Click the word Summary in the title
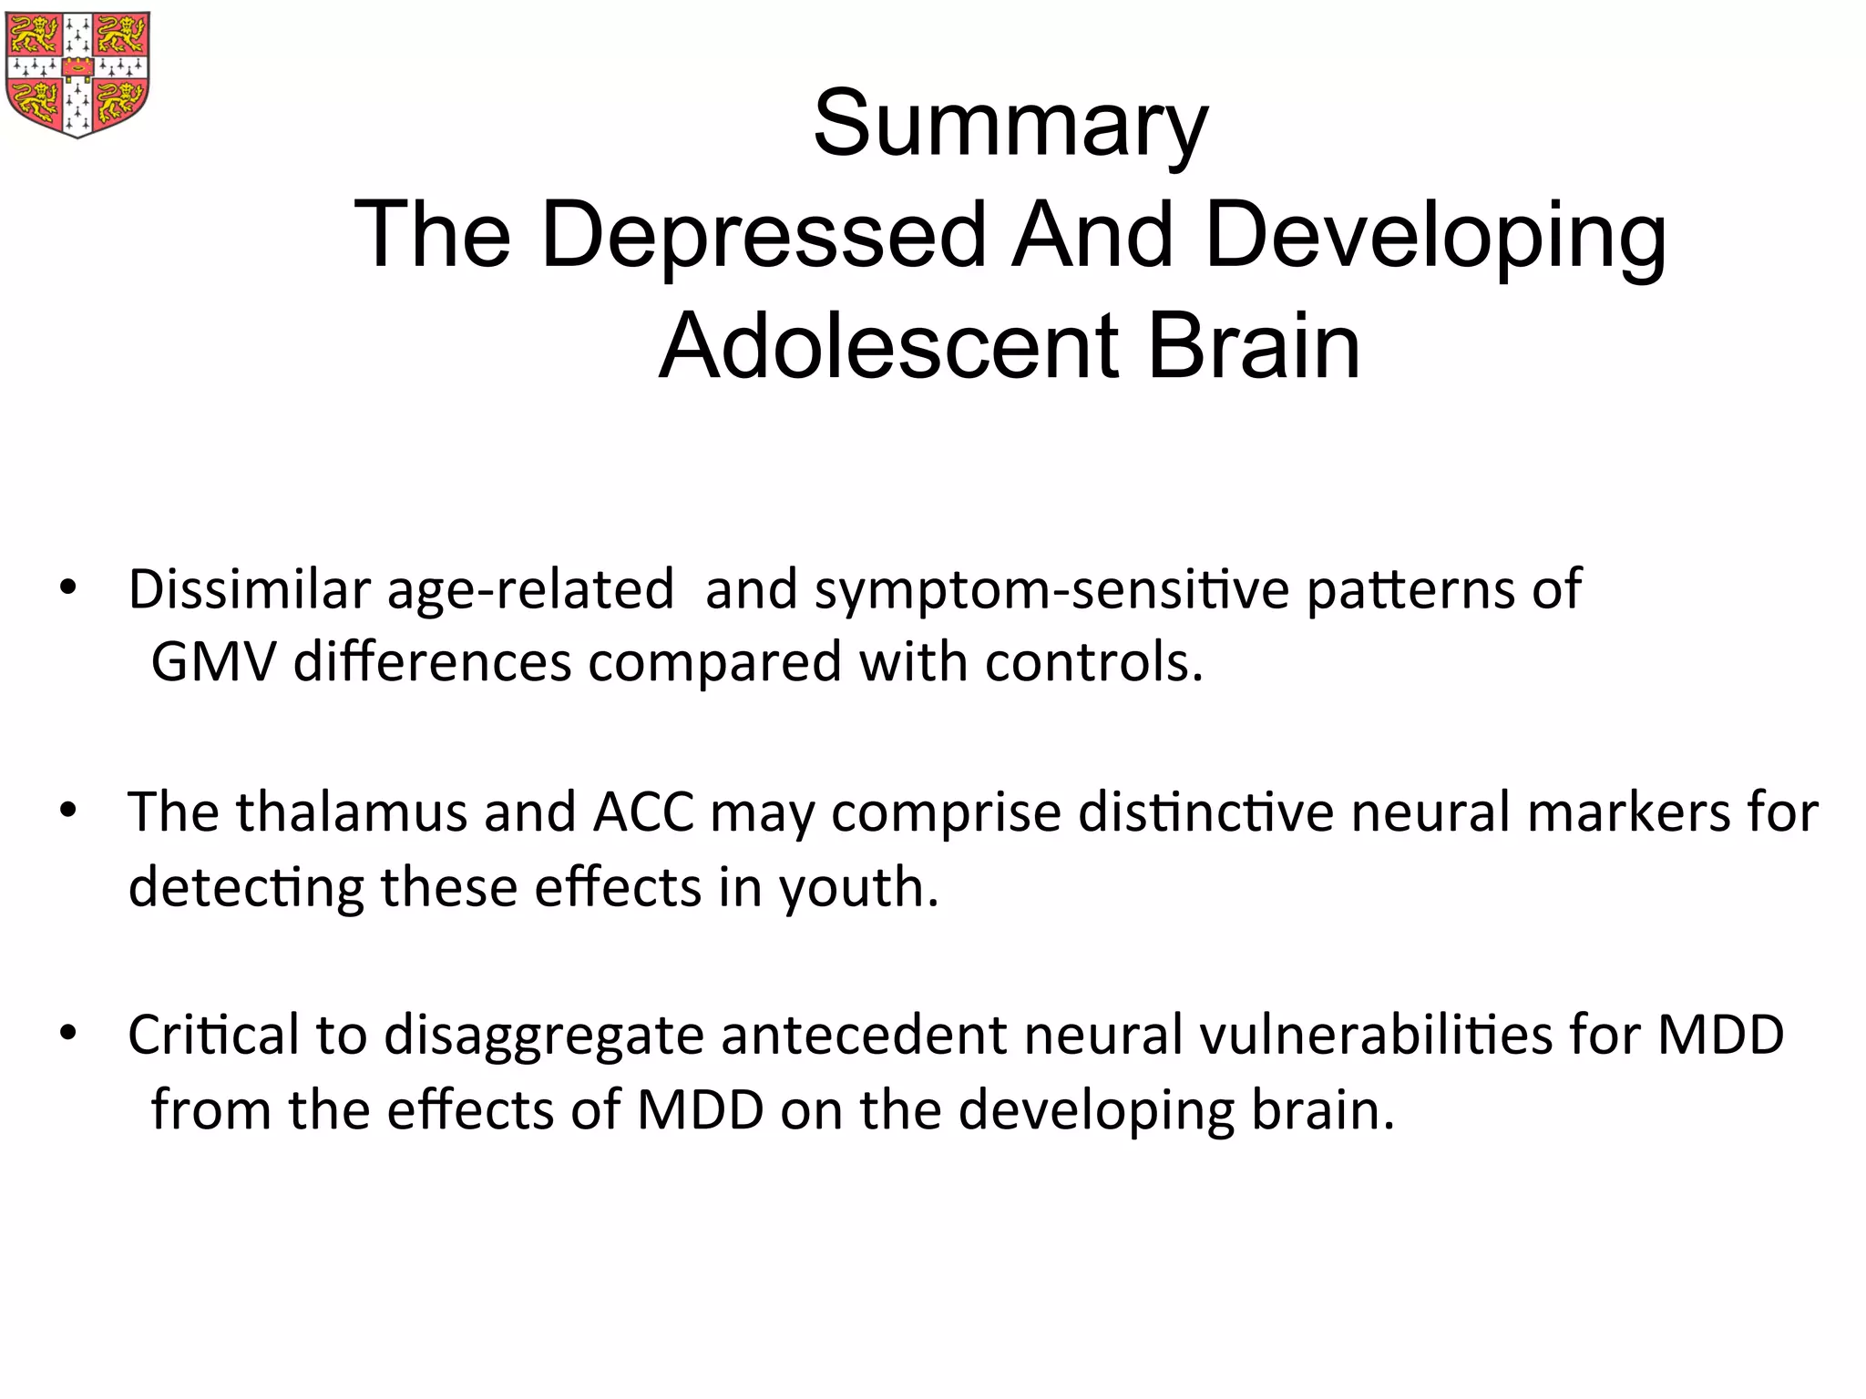point(1010,124)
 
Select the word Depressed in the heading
point(764,235)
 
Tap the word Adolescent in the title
point(888,347)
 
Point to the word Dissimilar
point(249,589)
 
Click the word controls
point(1093,661)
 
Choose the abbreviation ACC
point(643,812)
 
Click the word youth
point(857,888)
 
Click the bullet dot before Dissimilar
point(67,590)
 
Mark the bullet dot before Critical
point(67,1036)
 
